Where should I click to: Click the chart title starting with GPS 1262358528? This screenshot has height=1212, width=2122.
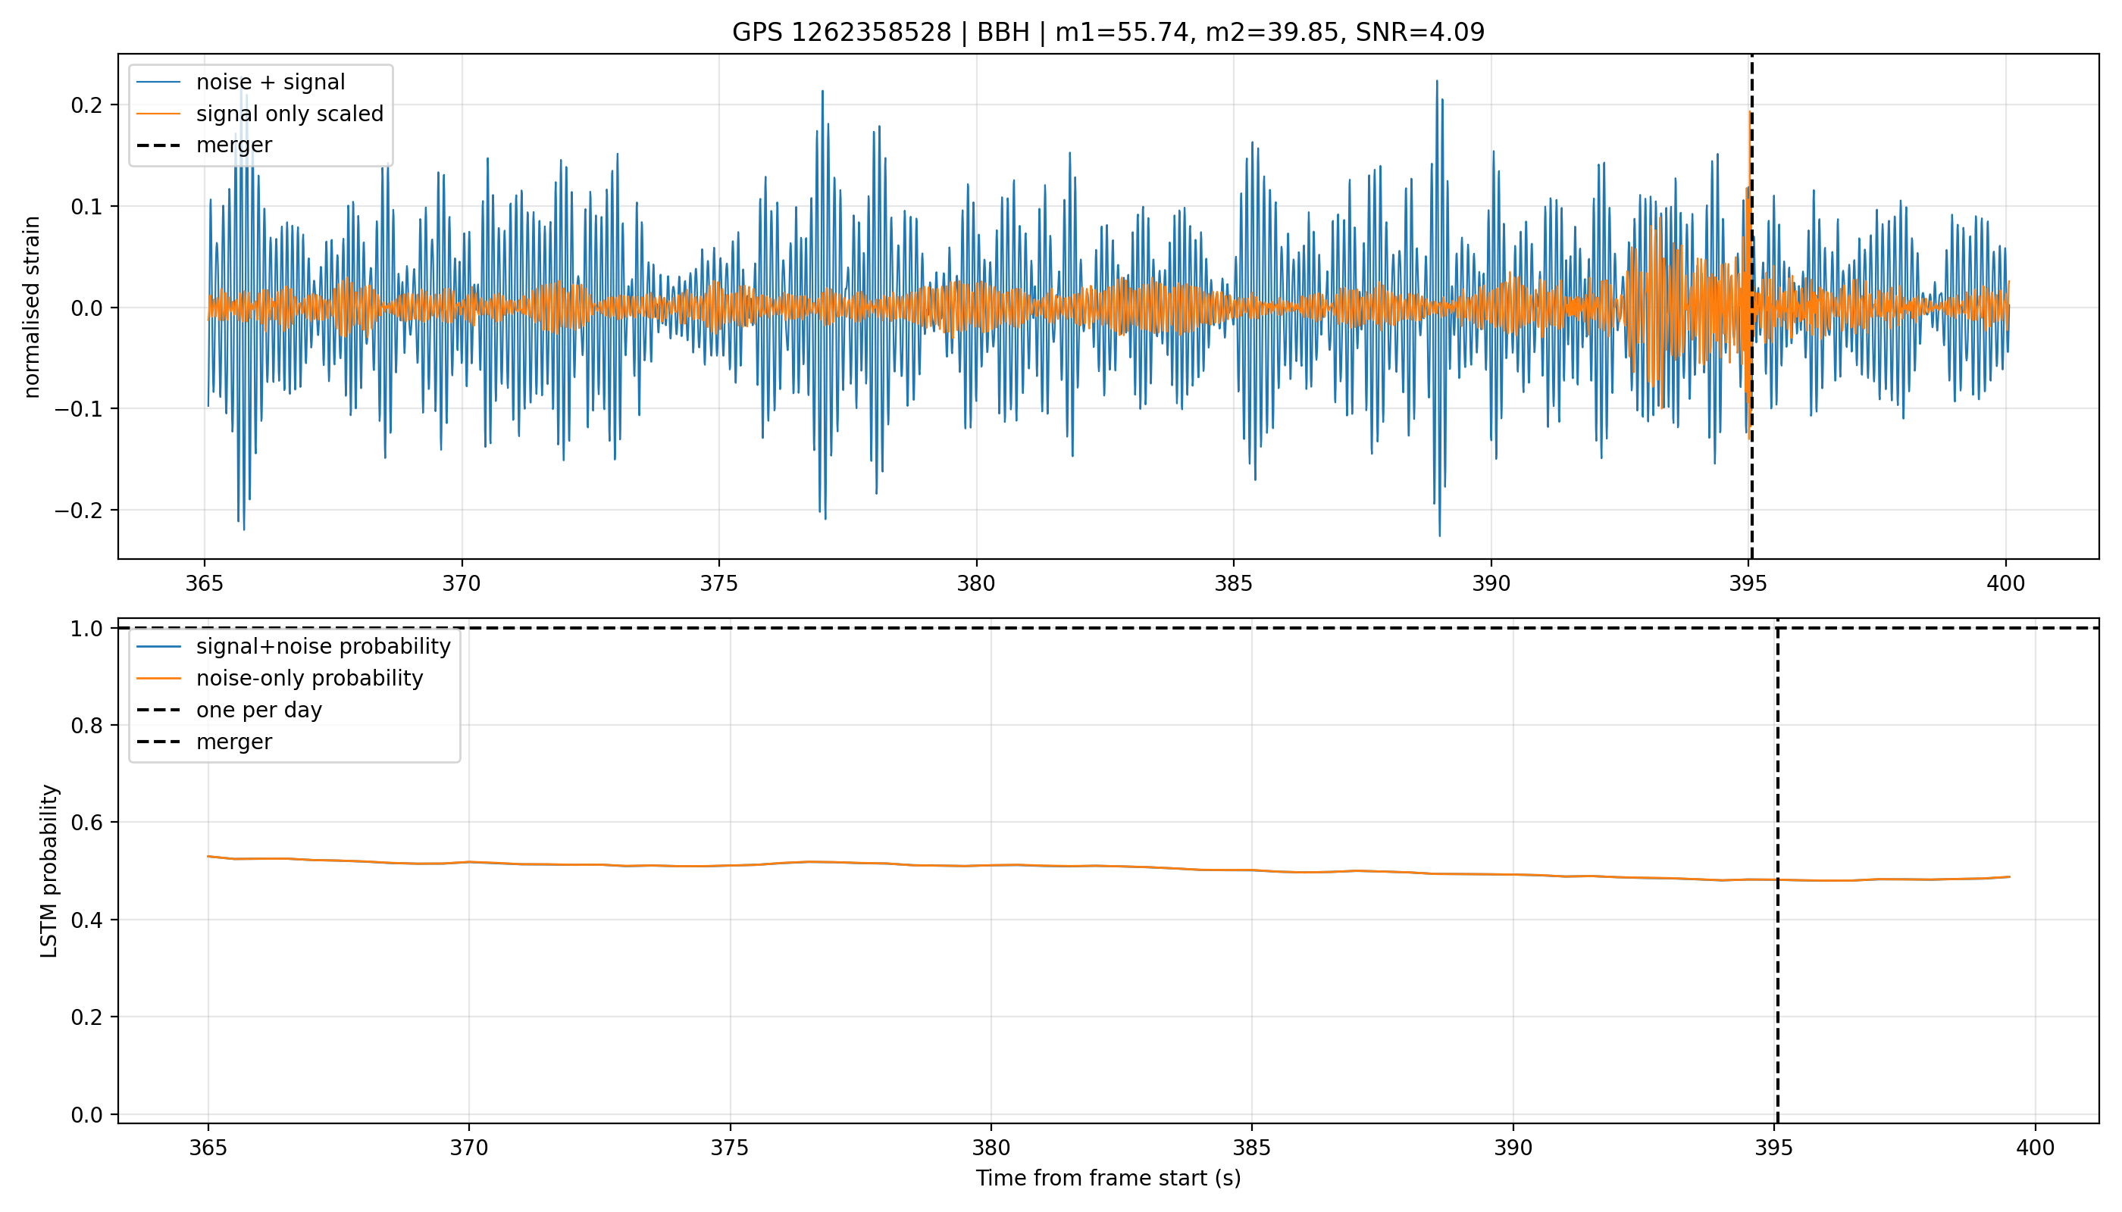(1108, 33)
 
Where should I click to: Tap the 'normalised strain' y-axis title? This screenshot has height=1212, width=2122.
(32, 307)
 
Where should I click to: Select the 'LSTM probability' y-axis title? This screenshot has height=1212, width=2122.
(49, 870)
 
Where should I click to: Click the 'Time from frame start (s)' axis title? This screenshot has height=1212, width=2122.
(1108, 1179)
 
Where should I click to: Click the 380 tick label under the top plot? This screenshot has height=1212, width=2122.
(976, 583)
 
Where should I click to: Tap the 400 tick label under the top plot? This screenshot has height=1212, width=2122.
(2005, 583)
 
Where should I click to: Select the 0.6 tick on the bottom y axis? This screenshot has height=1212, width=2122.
(86, 823)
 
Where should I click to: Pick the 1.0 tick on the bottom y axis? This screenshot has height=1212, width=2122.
(86, 629)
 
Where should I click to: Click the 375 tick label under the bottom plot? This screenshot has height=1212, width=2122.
(730, 1148)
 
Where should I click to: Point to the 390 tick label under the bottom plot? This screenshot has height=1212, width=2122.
(1513, 1148)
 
